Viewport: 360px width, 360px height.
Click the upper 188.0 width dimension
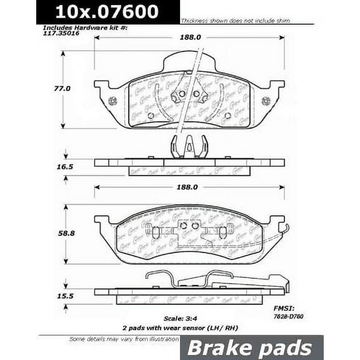(191, 37)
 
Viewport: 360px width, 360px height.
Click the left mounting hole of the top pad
(112, 101)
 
